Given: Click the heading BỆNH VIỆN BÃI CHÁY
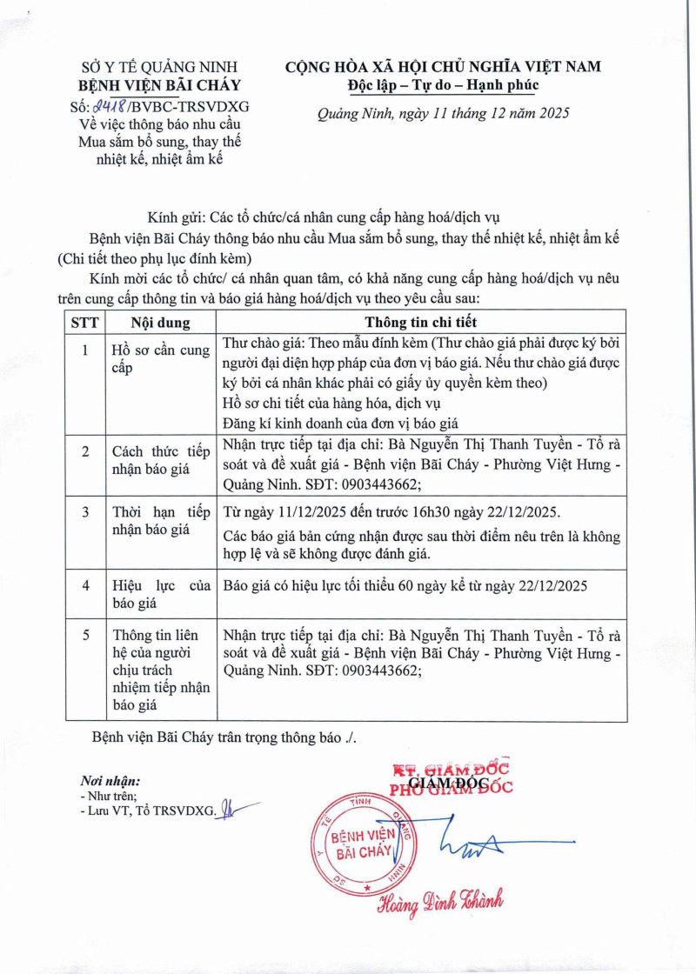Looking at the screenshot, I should tap(159, 85).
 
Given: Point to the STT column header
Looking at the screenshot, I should tap(85, 321).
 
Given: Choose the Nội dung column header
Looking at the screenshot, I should tap(143, 321).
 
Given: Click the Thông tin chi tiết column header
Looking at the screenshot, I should tap(421, 321).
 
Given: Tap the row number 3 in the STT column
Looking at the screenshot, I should tap(85, 511).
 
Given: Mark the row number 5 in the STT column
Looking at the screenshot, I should tap(85, 636).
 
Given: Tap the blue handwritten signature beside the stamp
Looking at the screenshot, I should tap(487, 842).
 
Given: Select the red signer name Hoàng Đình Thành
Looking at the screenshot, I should tap(439, 904).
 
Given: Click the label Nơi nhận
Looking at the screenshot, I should tap(110, 780).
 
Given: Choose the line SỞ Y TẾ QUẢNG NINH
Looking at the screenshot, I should tap(159, 67).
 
